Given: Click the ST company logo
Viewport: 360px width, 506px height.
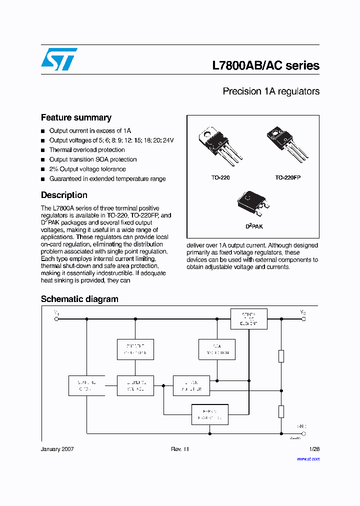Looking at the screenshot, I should point(59,59).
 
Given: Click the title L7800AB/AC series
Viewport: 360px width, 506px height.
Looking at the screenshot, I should point(265,66).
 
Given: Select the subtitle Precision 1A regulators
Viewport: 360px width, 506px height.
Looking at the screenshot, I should point(270,91).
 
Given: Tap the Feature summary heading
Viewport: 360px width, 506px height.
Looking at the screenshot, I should point(76,117).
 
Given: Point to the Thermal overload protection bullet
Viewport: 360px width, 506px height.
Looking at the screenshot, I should point(87,150).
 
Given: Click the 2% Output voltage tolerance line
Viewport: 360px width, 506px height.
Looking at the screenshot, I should point(87,169).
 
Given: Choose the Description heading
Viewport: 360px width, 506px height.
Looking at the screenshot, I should point(64,195).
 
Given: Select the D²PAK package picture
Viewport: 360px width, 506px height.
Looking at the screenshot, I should point(254,202).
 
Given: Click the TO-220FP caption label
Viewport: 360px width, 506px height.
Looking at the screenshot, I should point(287,177).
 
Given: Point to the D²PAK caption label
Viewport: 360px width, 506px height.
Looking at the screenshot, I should point(253,226).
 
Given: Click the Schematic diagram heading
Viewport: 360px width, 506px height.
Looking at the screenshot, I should point(79,299).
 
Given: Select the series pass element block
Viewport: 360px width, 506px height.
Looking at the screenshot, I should point(248,318).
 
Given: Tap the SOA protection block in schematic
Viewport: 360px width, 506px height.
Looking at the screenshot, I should point(216,349).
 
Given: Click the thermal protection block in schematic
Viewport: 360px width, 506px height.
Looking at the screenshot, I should point(210,414).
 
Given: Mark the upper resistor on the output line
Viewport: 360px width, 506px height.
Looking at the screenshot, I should point(281,356).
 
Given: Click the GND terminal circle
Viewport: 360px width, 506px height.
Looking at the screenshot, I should point(303,433).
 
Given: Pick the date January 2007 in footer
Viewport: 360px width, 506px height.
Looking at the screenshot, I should point(57,449).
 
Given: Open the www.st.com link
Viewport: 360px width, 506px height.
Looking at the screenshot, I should point(307,458).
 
